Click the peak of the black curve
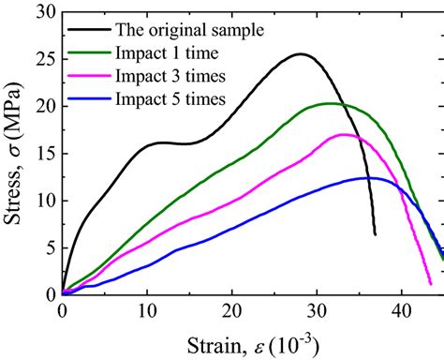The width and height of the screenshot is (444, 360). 300,53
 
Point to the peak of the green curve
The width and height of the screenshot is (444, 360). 330,103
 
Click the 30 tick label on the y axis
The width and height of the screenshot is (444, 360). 44,11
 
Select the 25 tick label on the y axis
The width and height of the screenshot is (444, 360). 44,59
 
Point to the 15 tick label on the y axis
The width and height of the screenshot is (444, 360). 44,153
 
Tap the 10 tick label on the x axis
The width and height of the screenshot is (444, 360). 147,310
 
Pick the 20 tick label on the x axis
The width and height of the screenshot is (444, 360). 232,310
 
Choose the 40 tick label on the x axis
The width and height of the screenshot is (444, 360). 402,310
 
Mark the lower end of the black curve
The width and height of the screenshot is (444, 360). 375,234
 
